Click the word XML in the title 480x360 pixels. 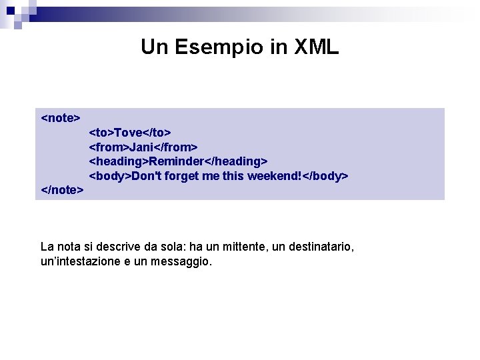click(x=317, y=47)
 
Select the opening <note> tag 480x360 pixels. click(x=61, y=118)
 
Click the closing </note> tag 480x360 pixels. click(x=63, y=190)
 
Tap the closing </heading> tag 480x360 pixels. click(x=235, y=161)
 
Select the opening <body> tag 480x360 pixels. click(x=110, y=176)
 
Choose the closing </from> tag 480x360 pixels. click(x=176, y=147)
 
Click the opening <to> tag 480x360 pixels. click(x=101, y=132)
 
